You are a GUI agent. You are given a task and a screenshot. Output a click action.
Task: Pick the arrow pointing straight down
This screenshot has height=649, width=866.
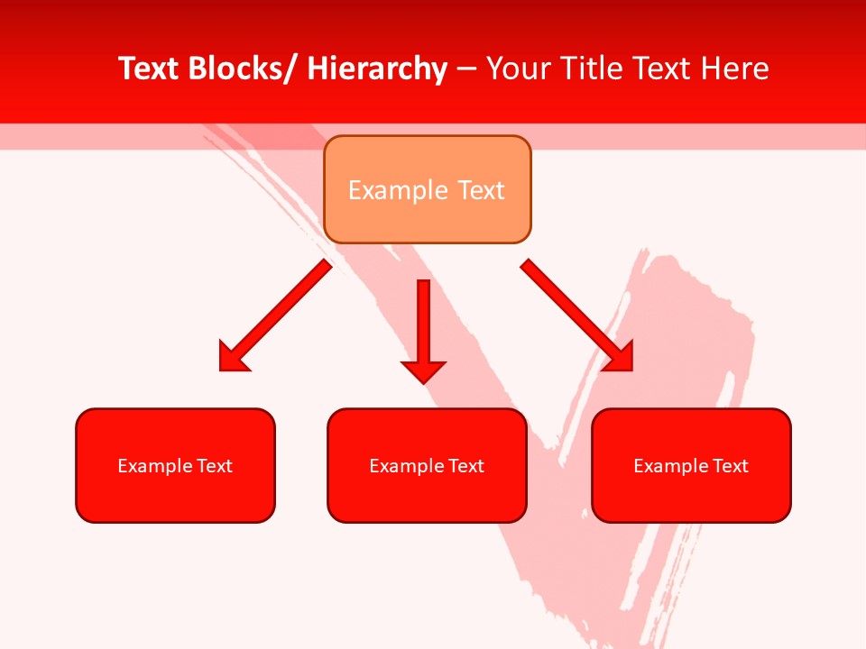(423, 324)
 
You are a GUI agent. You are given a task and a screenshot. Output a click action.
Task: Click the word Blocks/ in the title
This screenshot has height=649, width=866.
(239, 69)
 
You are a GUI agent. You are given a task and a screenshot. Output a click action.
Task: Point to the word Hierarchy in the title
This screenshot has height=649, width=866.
(377, 69)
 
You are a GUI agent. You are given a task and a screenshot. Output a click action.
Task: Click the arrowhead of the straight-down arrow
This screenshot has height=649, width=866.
(423, 370)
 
